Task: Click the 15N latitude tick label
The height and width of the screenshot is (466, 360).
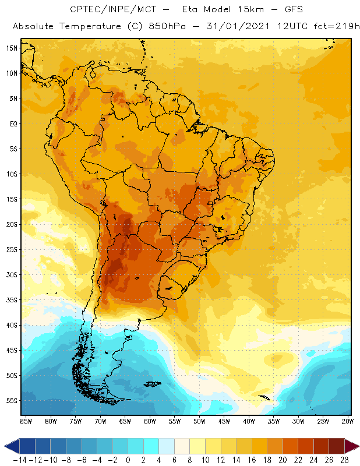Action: pos(11,48)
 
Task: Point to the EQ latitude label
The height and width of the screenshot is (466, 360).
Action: pos(12,123)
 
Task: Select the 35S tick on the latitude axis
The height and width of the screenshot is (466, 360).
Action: pos(11,300)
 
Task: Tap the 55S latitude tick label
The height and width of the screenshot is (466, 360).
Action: pos(11,401)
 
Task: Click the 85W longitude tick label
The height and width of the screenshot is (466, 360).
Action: pos(26,421)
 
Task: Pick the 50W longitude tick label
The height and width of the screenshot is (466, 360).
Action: pos(199,421)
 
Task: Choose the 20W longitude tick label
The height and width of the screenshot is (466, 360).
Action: pos(348,421)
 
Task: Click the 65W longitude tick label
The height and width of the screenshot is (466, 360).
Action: pos(125,421)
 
